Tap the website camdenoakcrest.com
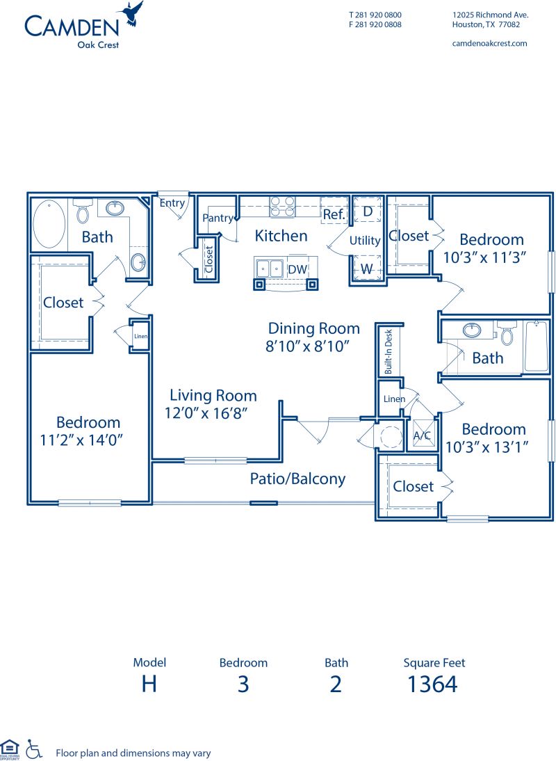tap(489, 43)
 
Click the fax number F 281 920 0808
tap(375, 24)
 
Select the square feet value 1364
tap(432, 684)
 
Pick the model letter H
tap(149, 684)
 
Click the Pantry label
tap(218, 218)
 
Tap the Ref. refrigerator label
tap(334, 215)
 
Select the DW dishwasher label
tap(297, 269)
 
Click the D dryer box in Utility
tap(368, 210)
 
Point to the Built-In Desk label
tap(388, 353)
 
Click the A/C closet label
tap(422, 435)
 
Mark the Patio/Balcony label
tap(297, 479)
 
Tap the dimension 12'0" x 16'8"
tap(207, 412)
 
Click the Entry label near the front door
tap(172, 203)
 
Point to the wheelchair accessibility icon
tap(33, 748)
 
